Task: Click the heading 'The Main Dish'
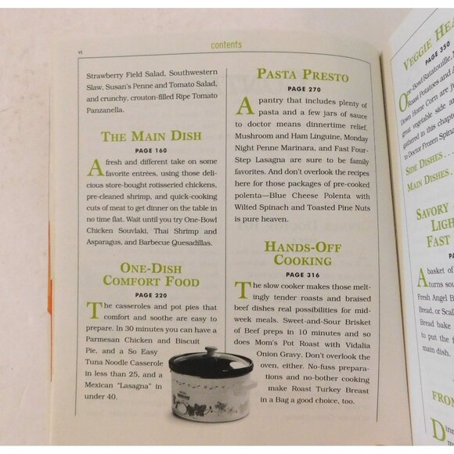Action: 151,136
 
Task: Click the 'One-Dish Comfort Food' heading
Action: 151,275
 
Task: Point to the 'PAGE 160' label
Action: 151,150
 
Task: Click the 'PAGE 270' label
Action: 303,89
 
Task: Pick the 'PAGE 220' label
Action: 150,295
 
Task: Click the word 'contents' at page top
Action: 226,45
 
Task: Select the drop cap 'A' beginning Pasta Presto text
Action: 244,105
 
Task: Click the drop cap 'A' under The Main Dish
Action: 94,166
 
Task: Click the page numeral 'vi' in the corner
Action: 80,52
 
